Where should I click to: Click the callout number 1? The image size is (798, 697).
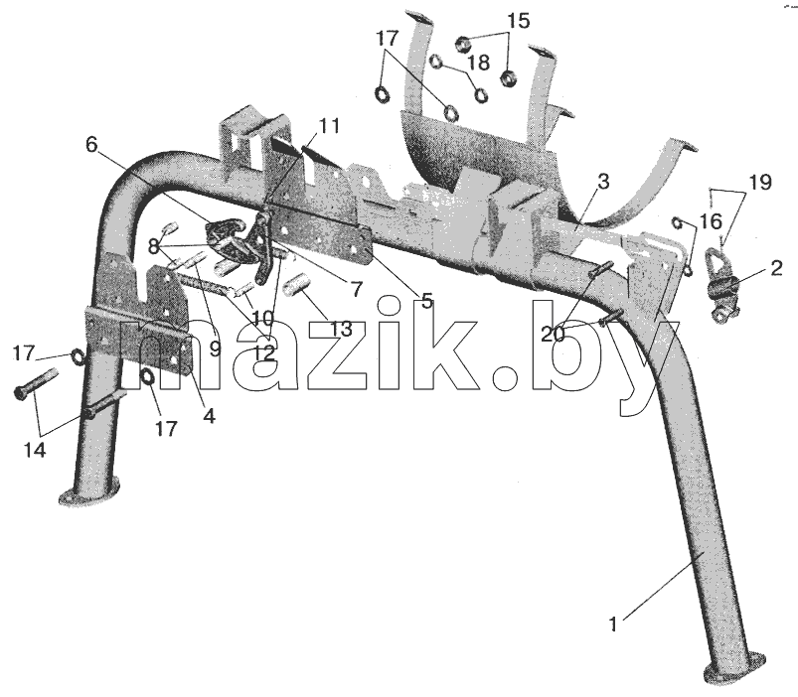[613, 624]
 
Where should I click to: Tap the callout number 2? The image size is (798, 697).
[775, 268]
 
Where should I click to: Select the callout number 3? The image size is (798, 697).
[603, 182]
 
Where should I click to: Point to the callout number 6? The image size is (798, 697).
[91, 145]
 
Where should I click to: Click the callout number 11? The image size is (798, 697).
[330, 125]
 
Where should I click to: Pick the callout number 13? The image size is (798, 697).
[341, 329]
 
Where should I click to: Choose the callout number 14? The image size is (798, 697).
[35, 450]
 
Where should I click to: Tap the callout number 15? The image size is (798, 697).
[518, 21]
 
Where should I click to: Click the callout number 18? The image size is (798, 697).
[478, 62]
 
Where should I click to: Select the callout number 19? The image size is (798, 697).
[760, 182]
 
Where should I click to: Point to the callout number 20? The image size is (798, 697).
[553, 334]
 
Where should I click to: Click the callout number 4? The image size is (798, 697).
[209, 415]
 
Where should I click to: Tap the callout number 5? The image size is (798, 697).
[426, 301]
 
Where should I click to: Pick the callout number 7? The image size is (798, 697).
[356, 289]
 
